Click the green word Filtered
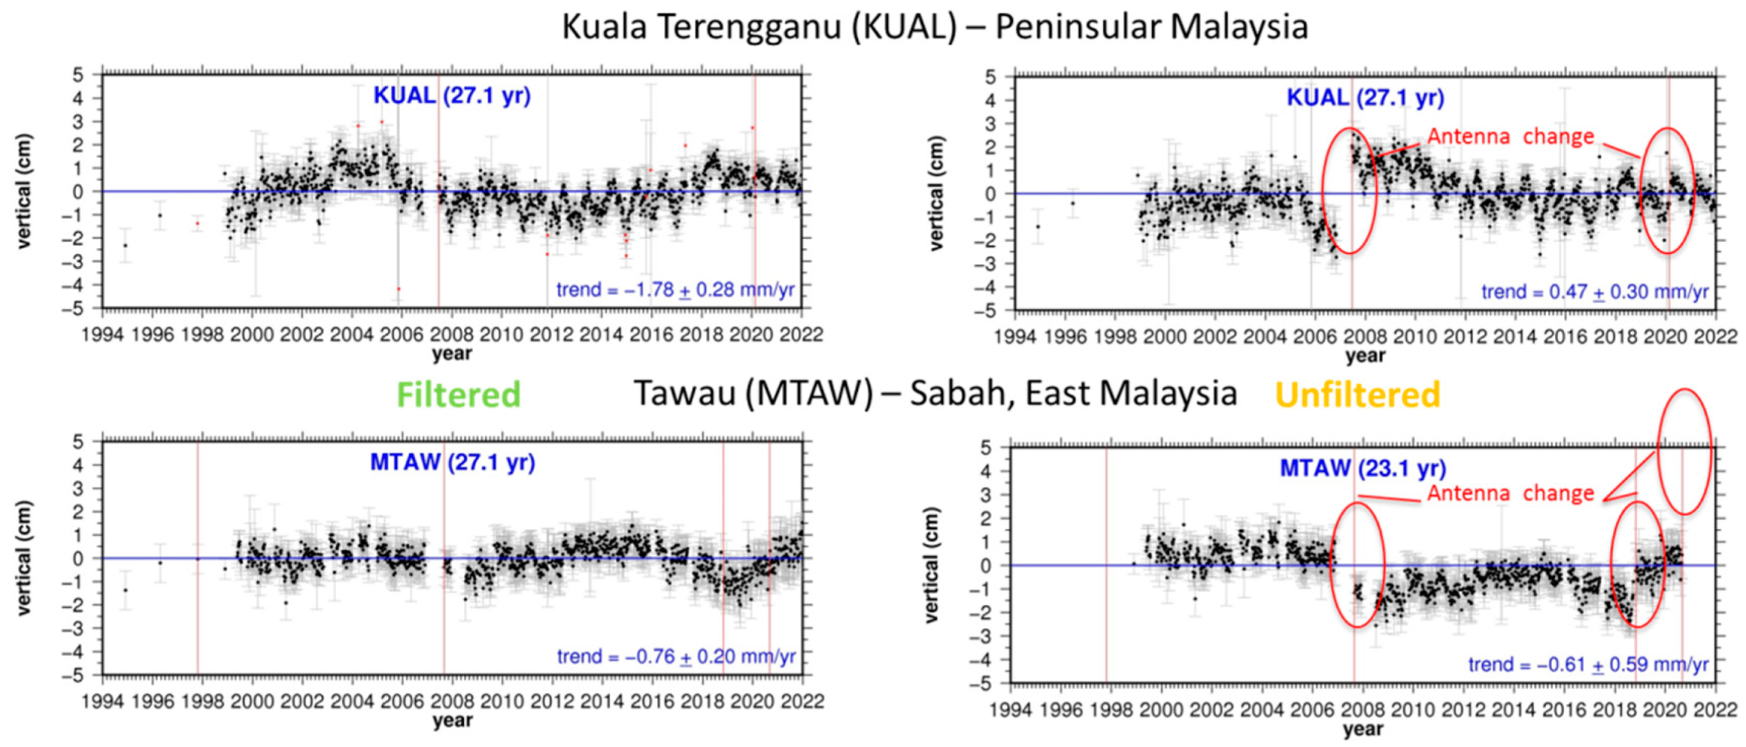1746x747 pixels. (458, 394)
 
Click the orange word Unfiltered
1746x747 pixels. (1357, 394)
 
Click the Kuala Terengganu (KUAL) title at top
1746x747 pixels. (934, 27)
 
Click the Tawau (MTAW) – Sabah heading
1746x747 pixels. (936, 393)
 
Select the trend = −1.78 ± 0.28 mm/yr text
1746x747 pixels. (675, 290)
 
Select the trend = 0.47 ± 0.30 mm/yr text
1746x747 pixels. (1595, 292)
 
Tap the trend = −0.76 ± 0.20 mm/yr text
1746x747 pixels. (676, 656)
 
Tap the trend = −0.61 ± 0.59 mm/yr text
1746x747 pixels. (1588, 664)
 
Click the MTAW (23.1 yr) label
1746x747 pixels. (1362, 468)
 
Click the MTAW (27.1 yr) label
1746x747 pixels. (452, 463)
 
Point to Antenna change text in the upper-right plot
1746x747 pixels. (1510, 136)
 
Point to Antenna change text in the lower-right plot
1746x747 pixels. (1510, 493)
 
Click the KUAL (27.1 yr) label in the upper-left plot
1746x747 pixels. (452, 95)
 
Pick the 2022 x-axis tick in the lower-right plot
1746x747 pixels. (1715, 710)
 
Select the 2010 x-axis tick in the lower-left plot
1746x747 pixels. (502, 701)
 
